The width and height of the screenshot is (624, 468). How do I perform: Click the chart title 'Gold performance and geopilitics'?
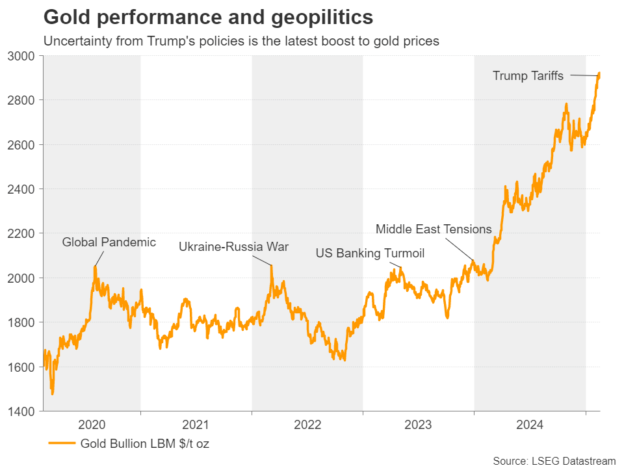(x=208, y=16)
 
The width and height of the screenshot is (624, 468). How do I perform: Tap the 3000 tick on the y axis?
(x=24, y=56)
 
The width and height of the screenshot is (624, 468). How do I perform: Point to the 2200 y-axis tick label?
(x=24, y=233)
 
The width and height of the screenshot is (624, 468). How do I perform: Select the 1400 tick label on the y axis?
(x=24, y=411)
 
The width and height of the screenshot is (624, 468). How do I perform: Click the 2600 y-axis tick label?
(x=24, y=144)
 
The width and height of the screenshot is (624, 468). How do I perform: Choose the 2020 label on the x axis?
(x=92, y=426)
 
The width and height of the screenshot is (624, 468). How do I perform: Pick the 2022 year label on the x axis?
(x=307, y=426)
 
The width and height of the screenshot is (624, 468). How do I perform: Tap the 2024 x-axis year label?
(x=530, y=426)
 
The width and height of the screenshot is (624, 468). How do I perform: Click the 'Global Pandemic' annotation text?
(x=109, y=242)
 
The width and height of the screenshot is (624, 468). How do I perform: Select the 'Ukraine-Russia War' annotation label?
(x=233, y=247)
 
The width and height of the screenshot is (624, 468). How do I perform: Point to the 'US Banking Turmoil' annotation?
(x=370, y=253)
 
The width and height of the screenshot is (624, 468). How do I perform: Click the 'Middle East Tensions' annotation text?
(x=434, y=229)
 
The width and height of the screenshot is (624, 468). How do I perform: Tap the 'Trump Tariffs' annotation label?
(x=528, y=76)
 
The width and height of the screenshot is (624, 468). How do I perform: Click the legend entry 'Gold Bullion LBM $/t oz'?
(x=144, y=445)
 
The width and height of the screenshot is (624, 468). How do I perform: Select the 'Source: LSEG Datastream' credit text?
(x=554, y=461)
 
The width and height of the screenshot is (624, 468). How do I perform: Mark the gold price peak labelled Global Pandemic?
(x=95, y=266)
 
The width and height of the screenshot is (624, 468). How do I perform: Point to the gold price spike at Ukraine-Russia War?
(x=272, y=266)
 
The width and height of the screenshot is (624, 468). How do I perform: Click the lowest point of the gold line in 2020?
(x=52, y=393)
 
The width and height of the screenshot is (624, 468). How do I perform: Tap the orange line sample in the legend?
(x=62, y=445)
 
